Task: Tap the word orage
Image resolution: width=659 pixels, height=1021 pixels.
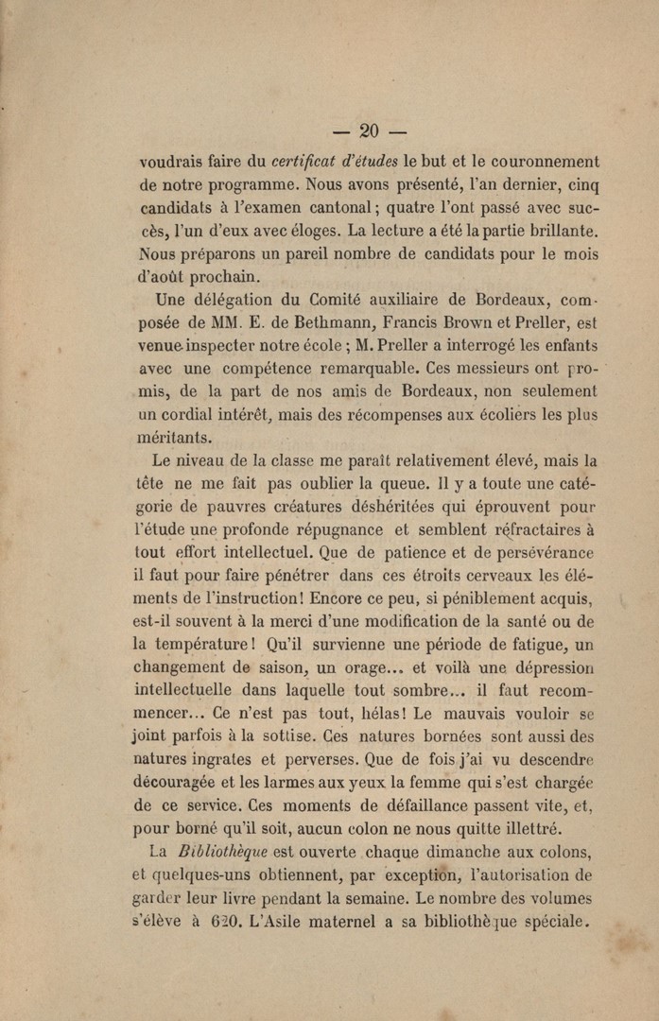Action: click(351, 668)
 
